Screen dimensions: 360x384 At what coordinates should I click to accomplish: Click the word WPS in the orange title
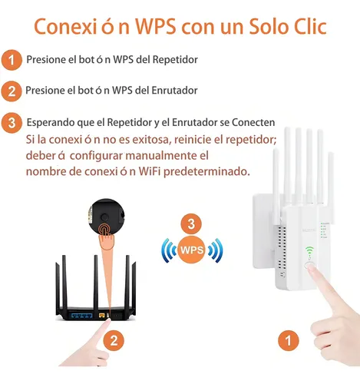[156, 27]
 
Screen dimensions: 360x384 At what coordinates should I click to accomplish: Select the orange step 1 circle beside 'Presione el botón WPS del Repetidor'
[12, 60]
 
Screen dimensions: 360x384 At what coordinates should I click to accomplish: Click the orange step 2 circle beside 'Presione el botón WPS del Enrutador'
[12, 91]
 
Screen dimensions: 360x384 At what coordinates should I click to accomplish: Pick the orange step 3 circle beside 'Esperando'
[12, 123]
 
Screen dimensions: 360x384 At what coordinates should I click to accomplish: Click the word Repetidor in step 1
[175, 60]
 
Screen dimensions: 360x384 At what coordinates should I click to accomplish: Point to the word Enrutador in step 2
[174, 91]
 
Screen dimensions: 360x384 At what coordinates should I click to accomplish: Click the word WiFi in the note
[150, 171]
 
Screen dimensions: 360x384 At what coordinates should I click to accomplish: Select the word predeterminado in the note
[206, 171]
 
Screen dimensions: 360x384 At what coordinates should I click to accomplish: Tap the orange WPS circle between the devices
[192, 250]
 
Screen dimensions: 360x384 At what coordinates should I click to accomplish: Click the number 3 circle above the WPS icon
[191, 224]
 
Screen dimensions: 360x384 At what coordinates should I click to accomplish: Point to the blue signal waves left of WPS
[169, 250]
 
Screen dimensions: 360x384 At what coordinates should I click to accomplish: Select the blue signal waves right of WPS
[215, 250]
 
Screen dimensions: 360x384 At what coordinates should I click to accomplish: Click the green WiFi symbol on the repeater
[309, 251]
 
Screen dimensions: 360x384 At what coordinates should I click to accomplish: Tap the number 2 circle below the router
[114, 340]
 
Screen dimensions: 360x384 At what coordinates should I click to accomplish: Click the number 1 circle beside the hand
[289, 340]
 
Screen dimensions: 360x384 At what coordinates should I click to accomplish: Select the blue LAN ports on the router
[82, 315]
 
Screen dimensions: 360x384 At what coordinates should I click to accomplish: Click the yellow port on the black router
[102, 315]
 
